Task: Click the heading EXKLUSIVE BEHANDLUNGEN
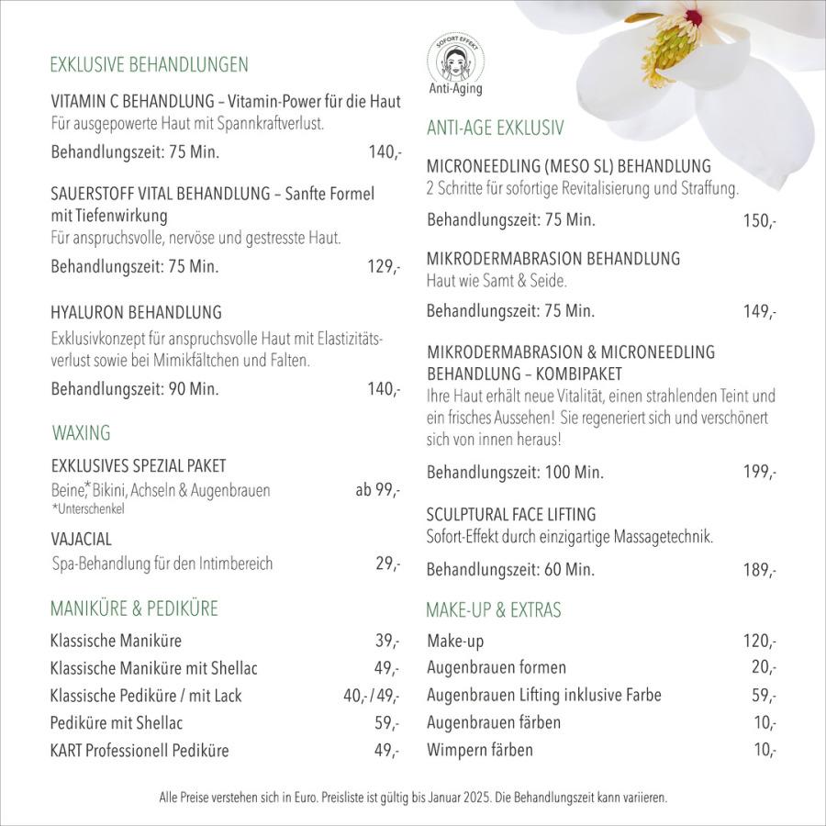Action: click(x=149, y=64)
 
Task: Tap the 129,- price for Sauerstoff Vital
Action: click(x=384, y=268)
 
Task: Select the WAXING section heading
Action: click(x=81, y=432)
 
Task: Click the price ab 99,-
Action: click(x=377, y=490)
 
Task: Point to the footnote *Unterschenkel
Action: click(x=88, y=508)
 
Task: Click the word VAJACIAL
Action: click(x=81, y=539)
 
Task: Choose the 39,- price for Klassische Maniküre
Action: click(x=387, y=641)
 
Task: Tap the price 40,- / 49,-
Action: click(x=372, y=696)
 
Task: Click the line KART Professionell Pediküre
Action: click(x=140, y=751)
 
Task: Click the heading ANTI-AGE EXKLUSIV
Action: click(x=495, y=128)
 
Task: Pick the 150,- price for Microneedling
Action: click(x=760, y=221)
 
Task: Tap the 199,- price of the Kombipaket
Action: click(x=760, y=474)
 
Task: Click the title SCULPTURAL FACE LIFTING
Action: click(x=511, y=514)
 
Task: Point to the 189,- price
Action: click(x=760, y=570)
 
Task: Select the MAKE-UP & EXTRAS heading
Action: click(x=493, y=610)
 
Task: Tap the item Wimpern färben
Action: click(x=479, y=750)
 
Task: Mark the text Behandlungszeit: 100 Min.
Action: click(x=515, y=474)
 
